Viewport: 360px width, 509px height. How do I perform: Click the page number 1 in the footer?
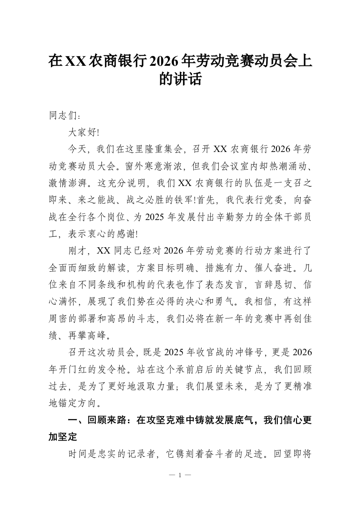tap(180, 475)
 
